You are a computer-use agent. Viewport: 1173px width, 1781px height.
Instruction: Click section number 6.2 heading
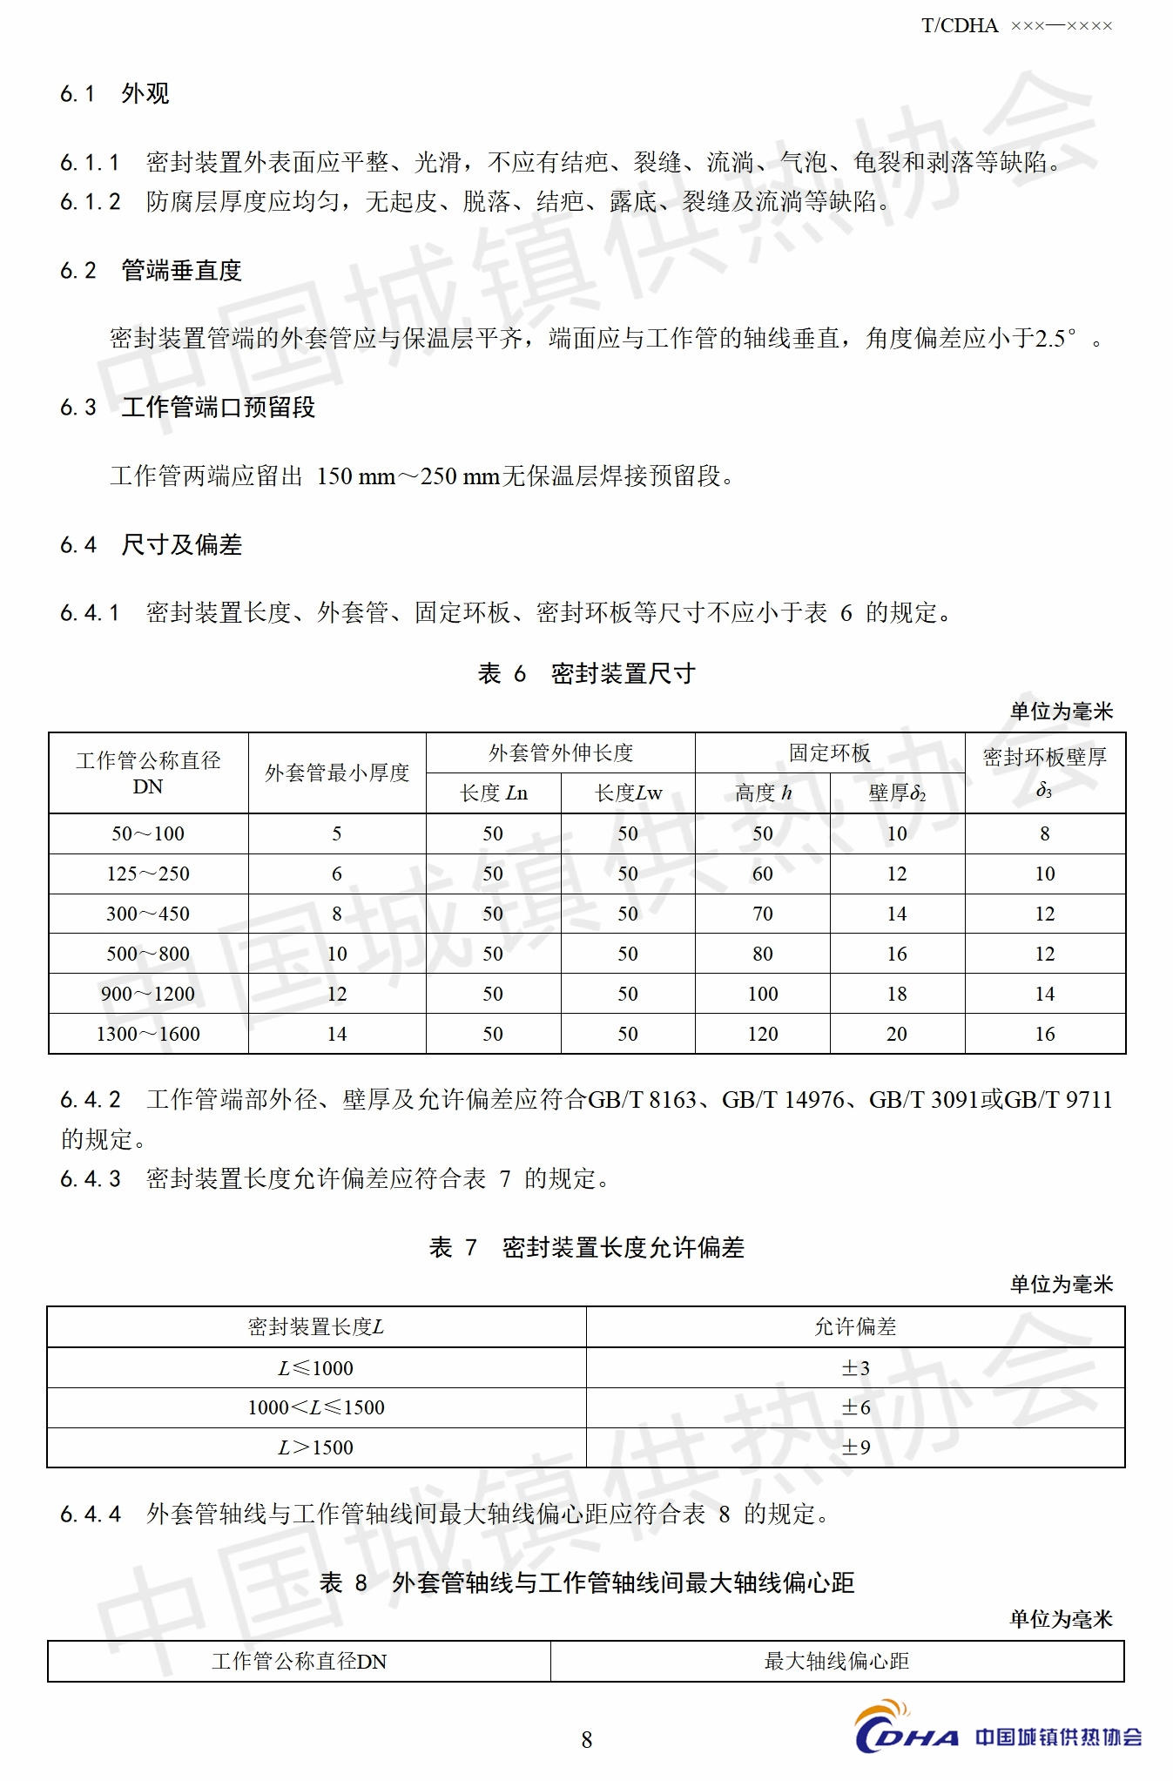pyautogui.click(x=78, y=271)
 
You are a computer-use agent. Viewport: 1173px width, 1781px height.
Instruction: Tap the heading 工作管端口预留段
pyautogui.click(x=218, y=408)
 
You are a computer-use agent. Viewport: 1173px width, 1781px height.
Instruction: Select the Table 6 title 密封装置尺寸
pyautogui.click(x=623, y=673)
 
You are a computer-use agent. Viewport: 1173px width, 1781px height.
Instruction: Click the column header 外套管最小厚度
pyautogui.click(x=337, y=773)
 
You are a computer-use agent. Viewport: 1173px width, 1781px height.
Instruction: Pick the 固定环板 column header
pyautogui.click(x=829, y=753)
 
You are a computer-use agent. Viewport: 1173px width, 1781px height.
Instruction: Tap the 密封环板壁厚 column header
pyautogui.click(x=1044, y=758)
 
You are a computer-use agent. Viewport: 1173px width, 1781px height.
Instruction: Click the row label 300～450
pyautogui.click(x=148, y=914)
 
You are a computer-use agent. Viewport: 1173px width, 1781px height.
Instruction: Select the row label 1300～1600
pyautogui.click(x=148, y=1034)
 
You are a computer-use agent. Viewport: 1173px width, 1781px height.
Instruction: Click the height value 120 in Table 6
pyautogui.click(x=762, y=1034)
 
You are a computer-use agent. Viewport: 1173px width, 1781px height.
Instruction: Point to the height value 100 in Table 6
pyautogui.click(x=762, y=994)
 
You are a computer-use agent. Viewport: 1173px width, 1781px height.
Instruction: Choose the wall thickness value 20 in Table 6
pyautogui.click(x=896, y=1034)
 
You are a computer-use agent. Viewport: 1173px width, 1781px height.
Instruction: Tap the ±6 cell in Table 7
pyautogui.click(x=855, y=1407)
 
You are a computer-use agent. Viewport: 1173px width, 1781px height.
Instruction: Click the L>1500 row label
pyautogui.click(x=315, y=1447)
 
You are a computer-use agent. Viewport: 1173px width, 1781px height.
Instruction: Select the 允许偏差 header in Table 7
pyautogui.click(x=855, y=1326)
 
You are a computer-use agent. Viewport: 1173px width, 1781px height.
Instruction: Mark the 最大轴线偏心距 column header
pyautogui.click(x=836, y=1661)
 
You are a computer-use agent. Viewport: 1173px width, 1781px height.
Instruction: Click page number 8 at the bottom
pyautogui.click(x=586, y=1739)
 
